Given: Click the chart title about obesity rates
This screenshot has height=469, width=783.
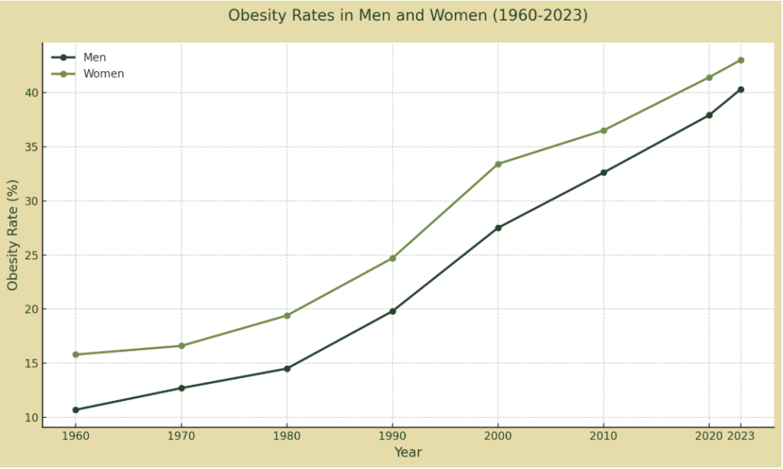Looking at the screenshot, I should [x=408, y=15].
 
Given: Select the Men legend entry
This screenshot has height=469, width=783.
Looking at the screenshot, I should [x=95, y=57].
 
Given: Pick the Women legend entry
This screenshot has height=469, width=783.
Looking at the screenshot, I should [x=103, y=74].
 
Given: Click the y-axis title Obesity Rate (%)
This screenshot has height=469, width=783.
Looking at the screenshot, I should [x=12, y=235].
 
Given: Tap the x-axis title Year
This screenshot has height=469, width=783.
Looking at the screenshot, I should [x=408, y=452].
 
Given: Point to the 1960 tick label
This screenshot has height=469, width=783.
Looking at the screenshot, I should [x=76, y=435].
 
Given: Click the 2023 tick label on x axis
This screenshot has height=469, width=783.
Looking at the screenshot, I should [x=740, y=435].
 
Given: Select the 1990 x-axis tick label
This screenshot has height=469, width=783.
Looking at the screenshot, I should [x=392, y=435].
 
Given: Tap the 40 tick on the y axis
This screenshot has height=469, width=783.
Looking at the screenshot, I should [x=30, y=93].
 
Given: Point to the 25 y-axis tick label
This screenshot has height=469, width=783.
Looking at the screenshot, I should [x=30, y=256].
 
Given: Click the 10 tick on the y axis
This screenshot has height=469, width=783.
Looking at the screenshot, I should [x=30, y=418].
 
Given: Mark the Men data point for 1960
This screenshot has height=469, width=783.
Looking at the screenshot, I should [x=76, y=410].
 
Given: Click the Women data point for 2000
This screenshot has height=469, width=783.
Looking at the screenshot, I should [x=498, y=164].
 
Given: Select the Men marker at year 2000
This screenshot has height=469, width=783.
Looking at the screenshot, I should [x=498, y=228].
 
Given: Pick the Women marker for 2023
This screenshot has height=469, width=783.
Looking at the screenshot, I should [x=740, y=60].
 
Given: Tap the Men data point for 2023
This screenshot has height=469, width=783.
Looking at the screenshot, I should [x=740, y=90].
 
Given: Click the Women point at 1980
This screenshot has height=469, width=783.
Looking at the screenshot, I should [x=287, y=315].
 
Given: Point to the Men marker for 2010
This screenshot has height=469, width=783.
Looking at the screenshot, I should [x=603, y=172].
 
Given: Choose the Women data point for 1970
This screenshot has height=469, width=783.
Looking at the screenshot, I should [x=181, y=346].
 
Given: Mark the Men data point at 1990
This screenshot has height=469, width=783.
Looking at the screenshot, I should [x=392, y=311].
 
